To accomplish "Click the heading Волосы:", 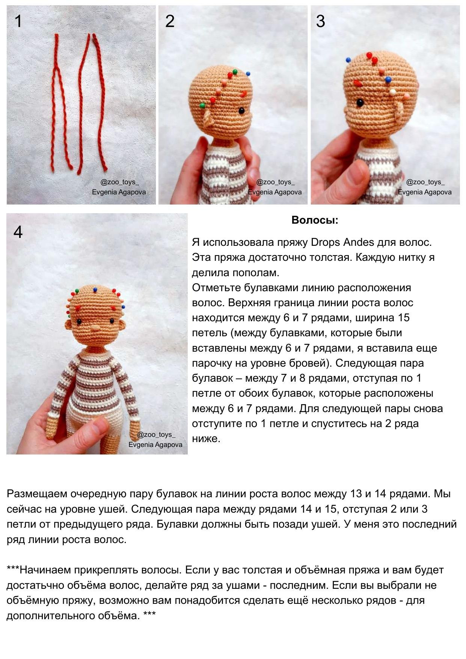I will coord(314,220).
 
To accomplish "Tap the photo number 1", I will coord(18,21).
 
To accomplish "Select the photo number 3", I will coord(320,21).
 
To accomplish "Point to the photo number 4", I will coord(18,232).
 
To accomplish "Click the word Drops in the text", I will coord(325,242).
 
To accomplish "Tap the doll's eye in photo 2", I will coord(241,111).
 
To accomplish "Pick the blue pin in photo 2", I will coord(248,74).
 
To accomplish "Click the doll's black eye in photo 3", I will coord(360,102).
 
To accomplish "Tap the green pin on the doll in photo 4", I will coord(77,291).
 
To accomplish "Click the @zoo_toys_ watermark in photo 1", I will coord(119,182).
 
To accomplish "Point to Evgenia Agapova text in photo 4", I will coord(155,445).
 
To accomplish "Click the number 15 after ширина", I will coord(403,318).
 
